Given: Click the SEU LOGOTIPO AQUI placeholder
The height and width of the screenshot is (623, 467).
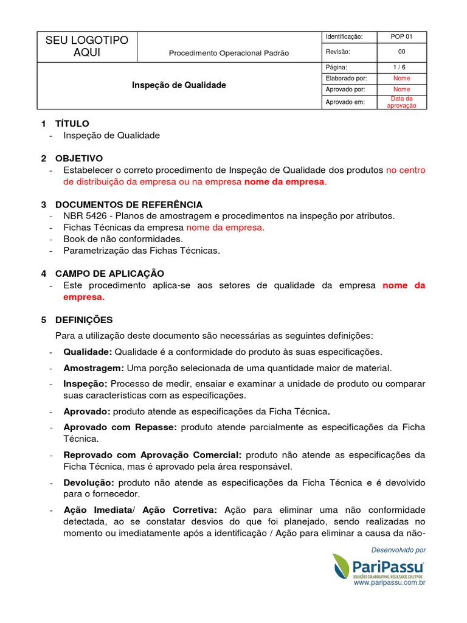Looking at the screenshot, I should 88,47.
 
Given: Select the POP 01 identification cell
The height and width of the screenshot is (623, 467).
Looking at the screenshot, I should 401,37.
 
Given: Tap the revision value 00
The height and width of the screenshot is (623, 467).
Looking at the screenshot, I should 401,52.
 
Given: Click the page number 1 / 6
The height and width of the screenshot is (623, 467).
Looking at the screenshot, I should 401,67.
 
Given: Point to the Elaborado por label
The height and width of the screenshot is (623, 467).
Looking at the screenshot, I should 346,78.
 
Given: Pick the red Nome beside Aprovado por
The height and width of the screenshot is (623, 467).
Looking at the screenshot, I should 401,89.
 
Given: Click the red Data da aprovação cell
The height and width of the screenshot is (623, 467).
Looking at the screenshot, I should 401,102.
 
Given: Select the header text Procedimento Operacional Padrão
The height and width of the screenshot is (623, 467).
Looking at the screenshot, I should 229,54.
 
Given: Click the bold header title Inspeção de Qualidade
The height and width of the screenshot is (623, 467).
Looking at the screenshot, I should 179,85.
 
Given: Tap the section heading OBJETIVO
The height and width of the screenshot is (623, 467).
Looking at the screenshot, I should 79,158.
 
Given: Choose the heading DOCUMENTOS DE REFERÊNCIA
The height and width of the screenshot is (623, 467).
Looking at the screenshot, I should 129,204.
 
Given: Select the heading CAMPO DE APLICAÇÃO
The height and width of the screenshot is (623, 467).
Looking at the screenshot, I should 109,274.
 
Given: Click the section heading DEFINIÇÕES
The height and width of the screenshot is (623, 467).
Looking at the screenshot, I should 84,319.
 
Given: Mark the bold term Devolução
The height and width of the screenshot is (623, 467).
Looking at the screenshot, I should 89,482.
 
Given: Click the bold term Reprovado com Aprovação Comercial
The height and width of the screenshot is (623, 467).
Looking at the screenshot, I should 153,455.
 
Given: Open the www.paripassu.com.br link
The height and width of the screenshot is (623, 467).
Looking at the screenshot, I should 389,583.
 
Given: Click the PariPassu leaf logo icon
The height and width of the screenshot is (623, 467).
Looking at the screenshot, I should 342,567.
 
